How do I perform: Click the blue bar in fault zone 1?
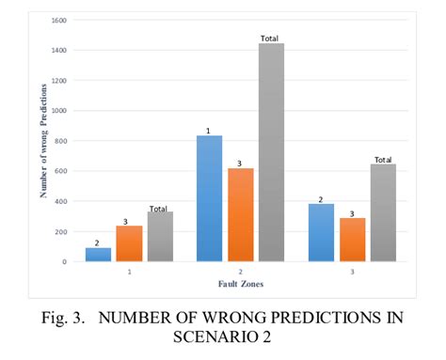click(x=97, y=254)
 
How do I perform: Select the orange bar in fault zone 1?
click(x=129, y=243)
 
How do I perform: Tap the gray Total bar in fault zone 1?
click(x=160, y=237)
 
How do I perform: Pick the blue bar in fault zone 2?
click(x=209, y=198)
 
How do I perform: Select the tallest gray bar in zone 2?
click(x=271, y=152)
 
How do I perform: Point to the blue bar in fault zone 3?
click(x=321, y=232)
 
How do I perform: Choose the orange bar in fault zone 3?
click(x=353, y=240)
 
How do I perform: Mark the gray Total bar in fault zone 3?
click(x=383, y=213)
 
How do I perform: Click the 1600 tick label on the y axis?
click(x=58, y=20)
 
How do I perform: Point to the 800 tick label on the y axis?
click(x=60, y=141)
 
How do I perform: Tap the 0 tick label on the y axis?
click(x=64, y=261)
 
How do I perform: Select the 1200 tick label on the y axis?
click(x=58, y=80)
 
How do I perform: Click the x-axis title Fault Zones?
click(x=240, y=283)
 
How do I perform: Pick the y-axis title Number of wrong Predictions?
click(x=44, y=141)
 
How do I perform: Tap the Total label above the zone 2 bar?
click(x=271, y=39)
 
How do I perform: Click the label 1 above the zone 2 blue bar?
click(x=209, y=131)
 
